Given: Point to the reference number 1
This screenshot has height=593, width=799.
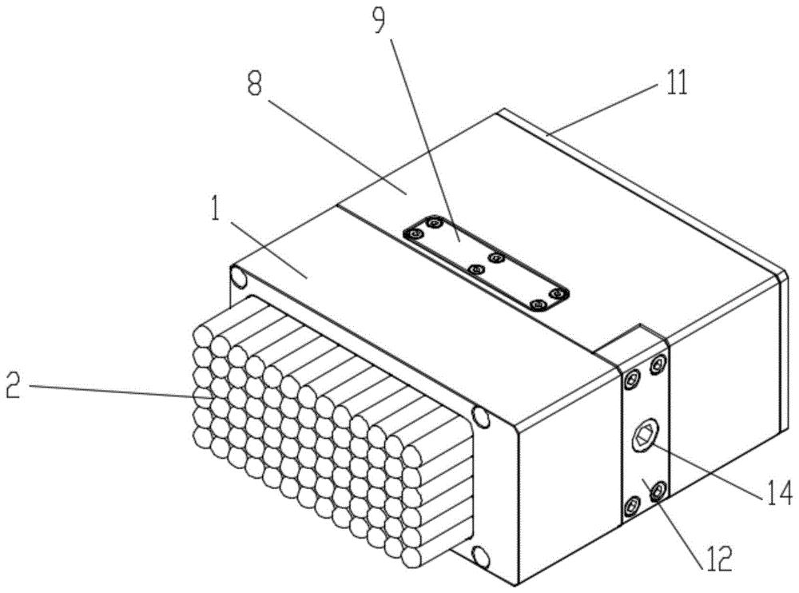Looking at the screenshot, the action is coord(216,208).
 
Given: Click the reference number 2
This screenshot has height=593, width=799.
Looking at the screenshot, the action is coord(14,386).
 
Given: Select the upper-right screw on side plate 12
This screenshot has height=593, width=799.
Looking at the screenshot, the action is coord(658,364).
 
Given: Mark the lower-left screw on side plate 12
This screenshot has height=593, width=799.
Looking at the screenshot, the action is coord(632,506).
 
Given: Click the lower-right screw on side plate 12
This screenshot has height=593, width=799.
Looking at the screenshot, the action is coord(658,490).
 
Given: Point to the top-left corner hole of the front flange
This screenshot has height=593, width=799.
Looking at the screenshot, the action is coord(238,278).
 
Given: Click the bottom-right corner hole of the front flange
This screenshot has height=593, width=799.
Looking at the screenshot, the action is coord(481,555).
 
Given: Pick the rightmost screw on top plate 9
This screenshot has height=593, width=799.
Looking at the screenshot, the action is coord(559,293).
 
